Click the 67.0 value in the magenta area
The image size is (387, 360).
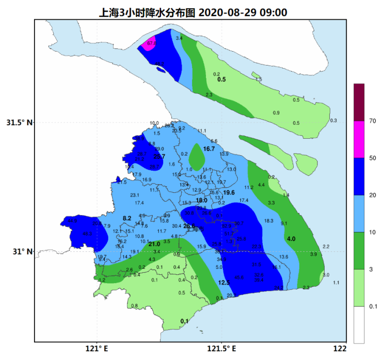(151, 44)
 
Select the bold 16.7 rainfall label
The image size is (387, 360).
(209, 149)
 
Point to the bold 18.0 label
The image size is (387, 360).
(201, 200)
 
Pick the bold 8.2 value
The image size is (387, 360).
(127, 219)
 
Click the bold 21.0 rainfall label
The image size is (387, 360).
(154, 244)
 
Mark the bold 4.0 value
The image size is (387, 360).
(291, 239)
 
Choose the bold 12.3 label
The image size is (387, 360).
(224, 283)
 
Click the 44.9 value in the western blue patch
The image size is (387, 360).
(72, 221)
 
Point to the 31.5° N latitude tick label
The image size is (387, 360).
(19, 123)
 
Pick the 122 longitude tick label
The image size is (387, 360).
(340, 349)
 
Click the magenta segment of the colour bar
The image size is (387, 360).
(359, 139)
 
